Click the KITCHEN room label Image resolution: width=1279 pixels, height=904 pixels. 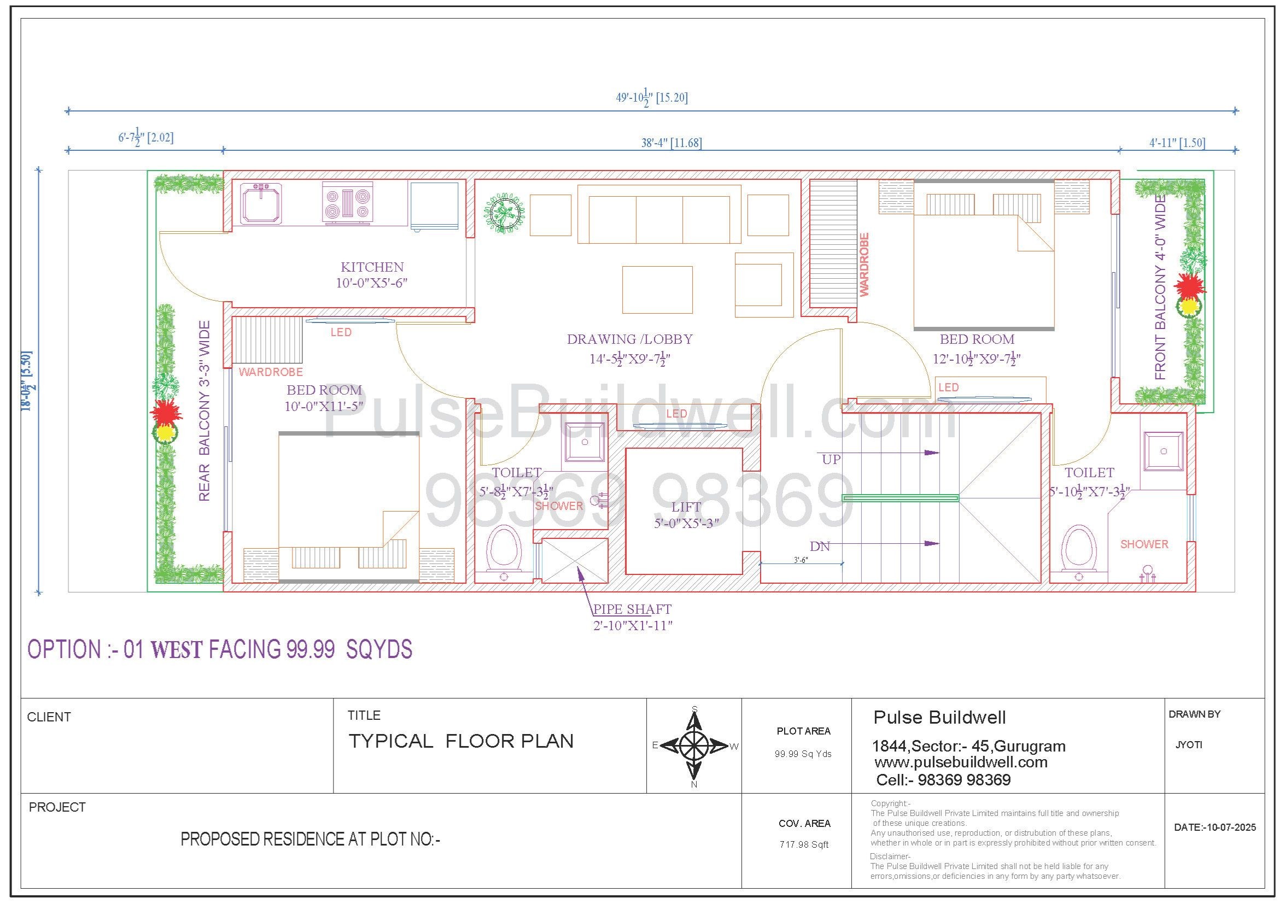pyautogui.click(x=372, y=267)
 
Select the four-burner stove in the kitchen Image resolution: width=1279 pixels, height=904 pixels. pyautogui.click(x=348, y=203)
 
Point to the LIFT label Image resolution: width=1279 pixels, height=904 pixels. pyautogui.click(x=686, y=507)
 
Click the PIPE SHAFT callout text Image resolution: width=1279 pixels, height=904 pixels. pyautogui.click(x=632, y=609)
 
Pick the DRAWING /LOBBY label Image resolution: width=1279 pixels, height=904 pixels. pyautogui.click(x=629, y=339)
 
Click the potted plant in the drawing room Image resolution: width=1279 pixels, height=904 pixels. pyautogui.click(x=504, y=212)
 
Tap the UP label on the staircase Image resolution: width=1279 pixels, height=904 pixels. pyautogui.click(x=831, y=460)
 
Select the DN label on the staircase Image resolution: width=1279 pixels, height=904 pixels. pyautogui.click(x=820, y=547)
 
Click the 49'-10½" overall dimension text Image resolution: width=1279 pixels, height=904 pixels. pyautogui.click(x=652, y=97)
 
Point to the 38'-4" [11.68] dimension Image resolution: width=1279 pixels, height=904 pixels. pyautogui.click(x=671, y=143)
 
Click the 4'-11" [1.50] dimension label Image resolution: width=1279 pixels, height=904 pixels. pyautogui.click(x=1177, y=143)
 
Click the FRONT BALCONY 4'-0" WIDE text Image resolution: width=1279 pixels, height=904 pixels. pyautogui.click(x=1160, y=287)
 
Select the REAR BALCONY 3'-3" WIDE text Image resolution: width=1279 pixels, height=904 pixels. pyautogui.click(x=205, y=411)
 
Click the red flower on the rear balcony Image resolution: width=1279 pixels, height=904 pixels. pyautogui.click(x=166, y=413)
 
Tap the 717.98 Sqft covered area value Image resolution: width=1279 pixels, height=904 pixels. pyautogui.click(x=804, y=844)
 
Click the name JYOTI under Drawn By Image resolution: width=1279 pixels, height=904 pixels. pyautogui.click(x=1189, y=745)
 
